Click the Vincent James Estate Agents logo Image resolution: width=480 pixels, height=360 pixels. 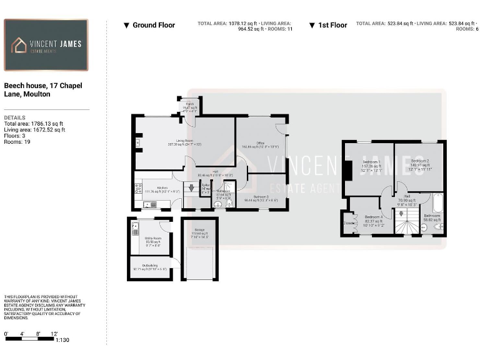[46, 45]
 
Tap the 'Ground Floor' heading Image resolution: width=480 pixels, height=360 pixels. [154, 25]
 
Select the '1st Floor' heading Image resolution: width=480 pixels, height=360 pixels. [332, 25]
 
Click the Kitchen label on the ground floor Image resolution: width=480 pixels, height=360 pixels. [162, 187]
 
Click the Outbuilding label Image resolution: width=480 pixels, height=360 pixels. [150, 266]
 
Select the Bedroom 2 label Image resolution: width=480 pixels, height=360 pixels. [420, 161]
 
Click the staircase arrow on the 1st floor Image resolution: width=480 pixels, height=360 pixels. [400, 214]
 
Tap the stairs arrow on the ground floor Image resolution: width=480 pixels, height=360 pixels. [191, 187]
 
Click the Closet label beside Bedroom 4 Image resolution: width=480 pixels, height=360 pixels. [349, 222]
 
